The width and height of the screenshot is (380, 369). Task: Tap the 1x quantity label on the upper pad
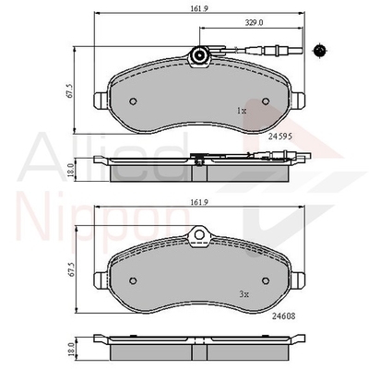tap(242, 110)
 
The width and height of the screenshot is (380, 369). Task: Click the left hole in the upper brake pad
tap(135, 101)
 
